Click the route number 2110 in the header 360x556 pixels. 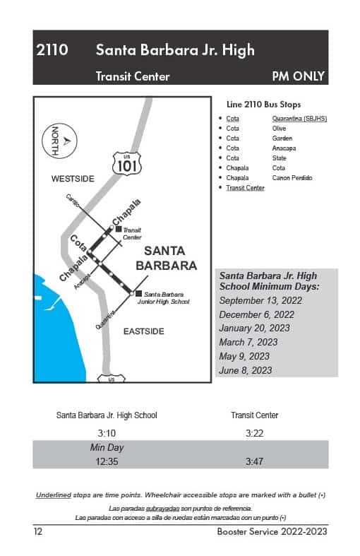click(x=53, y=50)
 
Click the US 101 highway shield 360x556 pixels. click(x=127, y=164)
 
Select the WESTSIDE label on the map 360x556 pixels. click(x=72, y=179)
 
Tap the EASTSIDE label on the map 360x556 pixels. click(x=143, y=331)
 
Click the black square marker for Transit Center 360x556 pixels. click(x=119, y=229)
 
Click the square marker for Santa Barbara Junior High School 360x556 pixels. click(x=138, y=293)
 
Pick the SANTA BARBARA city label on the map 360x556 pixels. click(x=165, y=259)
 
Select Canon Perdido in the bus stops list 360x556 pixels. click(x=292, y=178)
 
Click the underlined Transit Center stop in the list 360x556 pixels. click(x=245, y=188)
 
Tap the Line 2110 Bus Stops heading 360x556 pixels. click(x=263, y=105)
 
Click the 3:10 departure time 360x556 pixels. click(x=107, y=432)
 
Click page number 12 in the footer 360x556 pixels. click(x=38, y=531)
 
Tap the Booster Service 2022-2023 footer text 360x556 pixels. click(x=272, y=531)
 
